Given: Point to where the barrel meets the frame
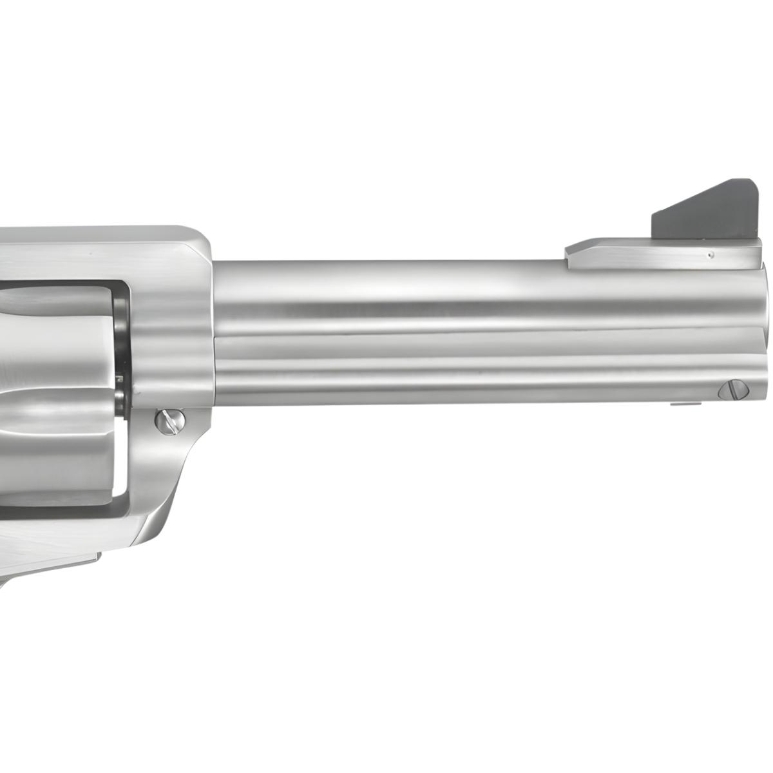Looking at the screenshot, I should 213,322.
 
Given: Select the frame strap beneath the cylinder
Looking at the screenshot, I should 64,509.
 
